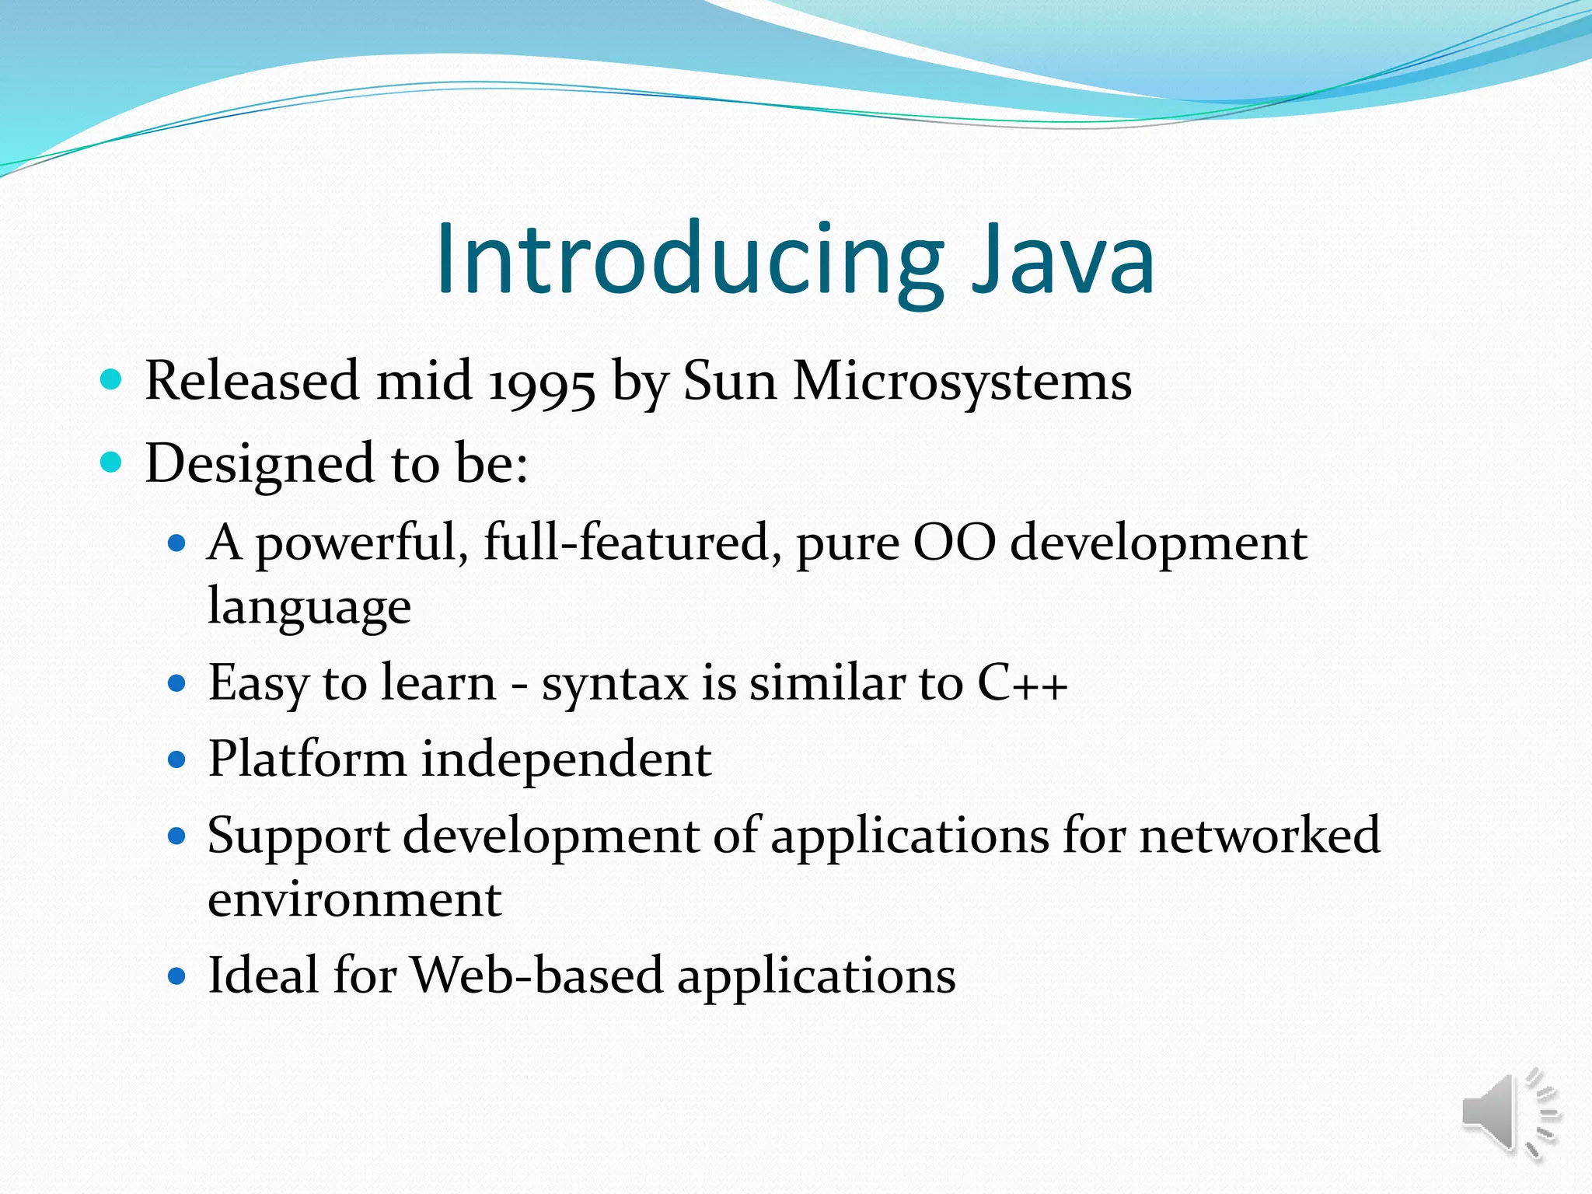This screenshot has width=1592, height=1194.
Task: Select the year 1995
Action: (x=542, y=382)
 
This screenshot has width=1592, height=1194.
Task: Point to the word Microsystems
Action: (x=962, y=382)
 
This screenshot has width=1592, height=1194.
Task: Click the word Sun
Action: (x=729, y=382)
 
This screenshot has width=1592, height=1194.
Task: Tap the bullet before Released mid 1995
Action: (x=112, y=380)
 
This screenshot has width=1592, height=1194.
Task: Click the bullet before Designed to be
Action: (x=112, y=463)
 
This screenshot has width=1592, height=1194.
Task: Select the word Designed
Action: (x=260, y=464)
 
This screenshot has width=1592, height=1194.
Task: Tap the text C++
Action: (x=1021, y=683)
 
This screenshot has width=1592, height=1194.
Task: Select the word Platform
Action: (x=307, y=759)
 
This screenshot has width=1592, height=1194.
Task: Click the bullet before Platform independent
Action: (x=177, y=759)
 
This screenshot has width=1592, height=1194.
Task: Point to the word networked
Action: (x=1259, y=836)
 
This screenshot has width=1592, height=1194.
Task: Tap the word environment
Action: (x=354, y=900)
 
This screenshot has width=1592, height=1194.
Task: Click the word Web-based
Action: (x=536, y=975)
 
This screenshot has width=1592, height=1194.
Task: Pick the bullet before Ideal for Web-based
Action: (x=177, y=976)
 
